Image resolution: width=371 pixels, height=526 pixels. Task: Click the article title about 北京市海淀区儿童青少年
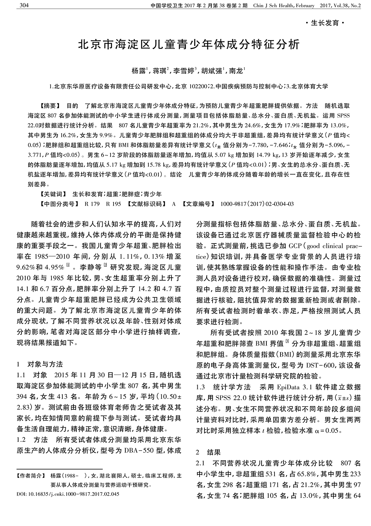click(x=188, y=45)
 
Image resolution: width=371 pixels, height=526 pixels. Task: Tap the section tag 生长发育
click(x=325, y=23)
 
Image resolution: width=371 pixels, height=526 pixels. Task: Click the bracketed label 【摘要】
click(x=48, y=105)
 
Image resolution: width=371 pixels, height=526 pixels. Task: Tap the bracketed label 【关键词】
click(x=52, y=194)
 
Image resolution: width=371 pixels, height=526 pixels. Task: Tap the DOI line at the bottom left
click(x=68, y=494)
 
